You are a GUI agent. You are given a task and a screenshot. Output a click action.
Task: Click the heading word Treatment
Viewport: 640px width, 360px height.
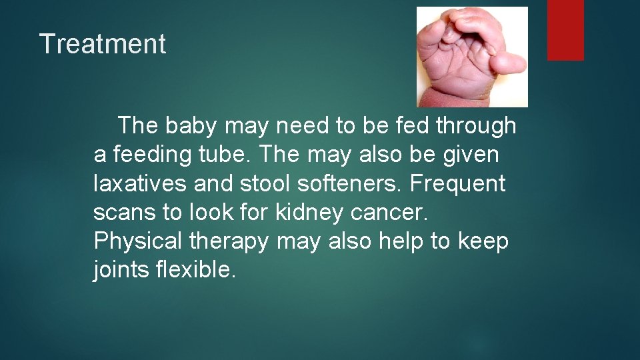click(103, 44)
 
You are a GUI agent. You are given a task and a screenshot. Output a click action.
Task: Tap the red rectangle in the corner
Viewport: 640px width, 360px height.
click(565, 29)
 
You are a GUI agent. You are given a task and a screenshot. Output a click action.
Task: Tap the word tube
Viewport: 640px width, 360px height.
click(226, 155)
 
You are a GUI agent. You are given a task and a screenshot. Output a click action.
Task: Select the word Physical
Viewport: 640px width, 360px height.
click(139, 241)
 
